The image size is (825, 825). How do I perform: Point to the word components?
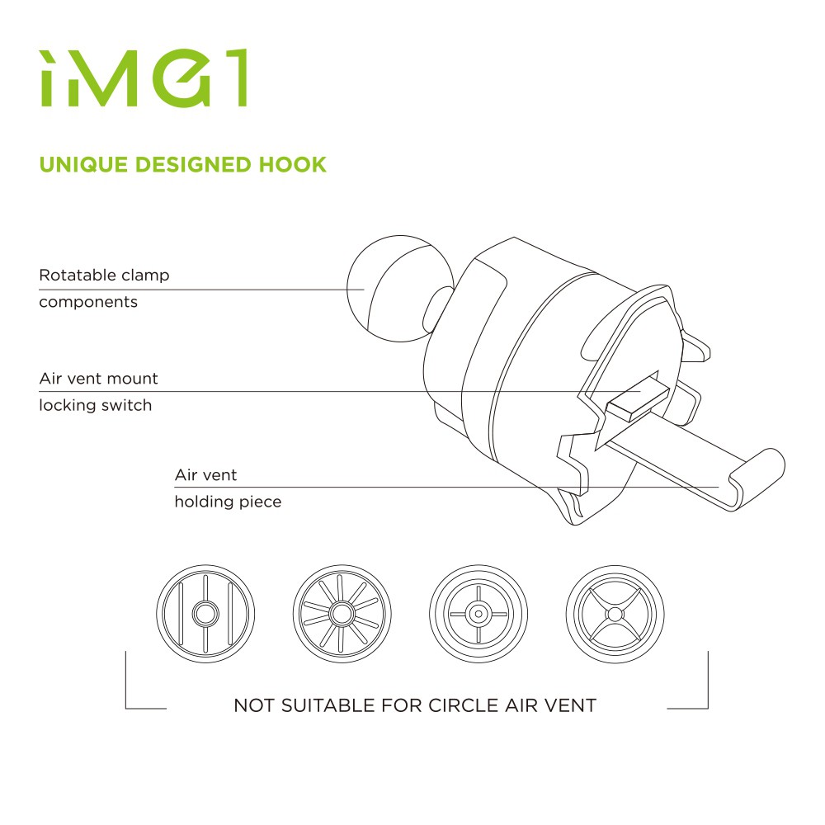(x=88, y=302)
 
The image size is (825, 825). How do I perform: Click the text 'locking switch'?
(x=96, y=406)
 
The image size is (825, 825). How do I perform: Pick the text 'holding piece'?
(x=228, y=502)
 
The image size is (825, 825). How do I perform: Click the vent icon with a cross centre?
(x=476, y=613)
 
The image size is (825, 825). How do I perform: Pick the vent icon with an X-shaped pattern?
(x=613, y=613)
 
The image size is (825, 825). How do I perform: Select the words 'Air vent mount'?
(x=98, y=379)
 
